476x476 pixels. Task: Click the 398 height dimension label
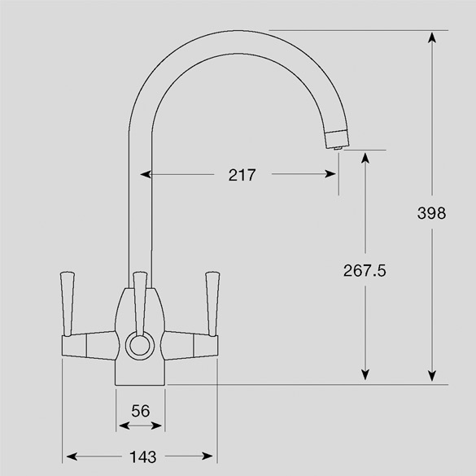point(431,213)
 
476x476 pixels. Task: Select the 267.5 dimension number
point(365,270)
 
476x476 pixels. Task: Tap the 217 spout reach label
point(242,175)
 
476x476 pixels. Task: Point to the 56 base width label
point(141,411)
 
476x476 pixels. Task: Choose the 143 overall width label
point(143,456)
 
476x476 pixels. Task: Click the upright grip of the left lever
point(68,304)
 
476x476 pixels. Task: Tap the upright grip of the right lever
point(212,304)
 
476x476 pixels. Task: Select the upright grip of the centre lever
point(140,304)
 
